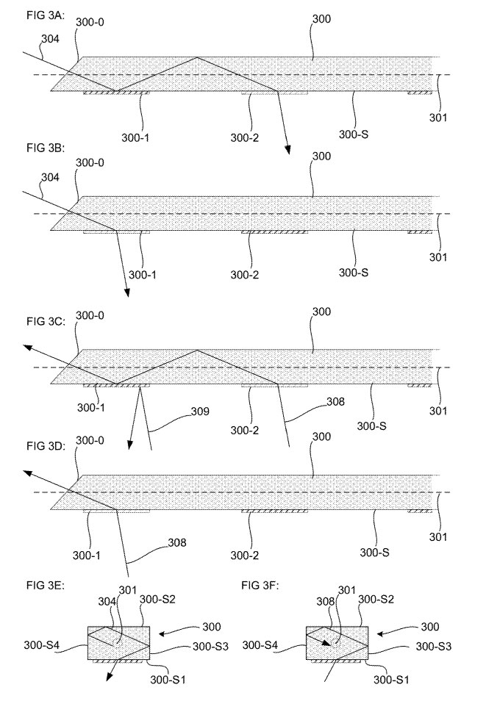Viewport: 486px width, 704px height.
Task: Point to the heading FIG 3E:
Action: [x=28, y=586]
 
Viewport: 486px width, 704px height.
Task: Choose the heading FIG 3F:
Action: [x=261, y=586]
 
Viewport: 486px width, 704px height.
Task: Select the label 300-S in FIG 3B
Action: [x=371, y=273]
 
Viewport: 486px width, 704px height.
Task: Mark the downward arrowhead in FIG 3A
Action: [x=289, y=151]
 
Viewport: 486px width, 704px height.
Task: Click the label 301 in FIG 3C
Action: [x=438, y=411]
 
